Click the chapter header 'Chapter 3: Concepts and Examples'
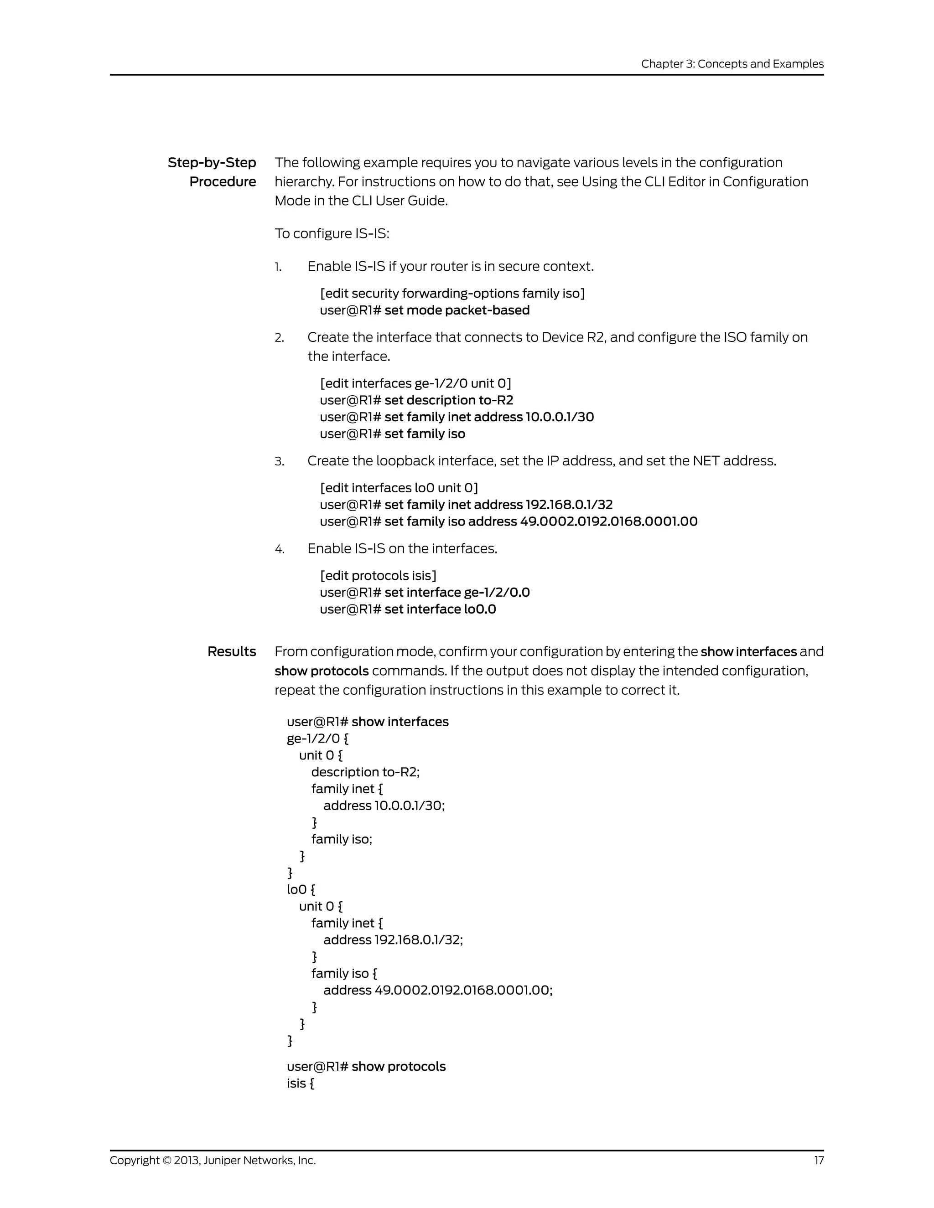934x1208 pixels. point(732,64)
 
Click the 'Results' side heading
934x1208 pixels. point(231,651)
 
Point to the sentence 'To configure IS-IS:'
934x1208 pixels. point(332,233)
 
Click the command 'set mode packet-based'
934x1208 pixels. point(457,310)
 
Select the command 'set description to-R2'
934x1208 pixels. point(448,400)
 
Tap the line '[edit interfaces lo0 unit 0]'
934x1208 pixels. point(399,488)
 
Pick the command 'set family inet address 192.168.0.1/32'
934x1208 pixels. point(498,505)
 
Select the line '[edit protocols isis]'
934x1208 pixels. point(378,576)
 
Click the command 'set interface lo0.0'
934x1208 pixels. point(440,609)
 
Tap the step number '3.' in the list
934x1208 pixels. point(280,461)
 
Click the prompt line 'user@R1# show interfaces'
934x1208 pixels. point(368,722)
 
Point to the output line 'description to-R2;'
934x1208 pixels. point(365,772)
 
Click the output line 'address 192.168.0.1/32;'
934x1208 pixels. point(393,940)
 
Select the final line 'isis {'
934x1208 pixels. point(301,1083)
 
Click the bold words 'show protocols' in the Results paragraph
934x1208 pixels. point(322,671)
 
